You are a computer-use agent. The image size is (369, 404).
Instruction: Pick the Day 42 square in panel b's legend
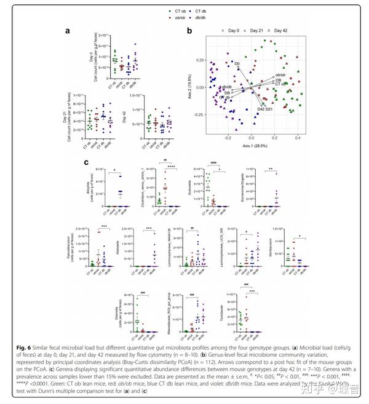pos(271,30)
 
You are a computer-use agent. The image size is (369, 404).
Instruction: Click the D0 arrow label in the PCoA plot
pos(236,63)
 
